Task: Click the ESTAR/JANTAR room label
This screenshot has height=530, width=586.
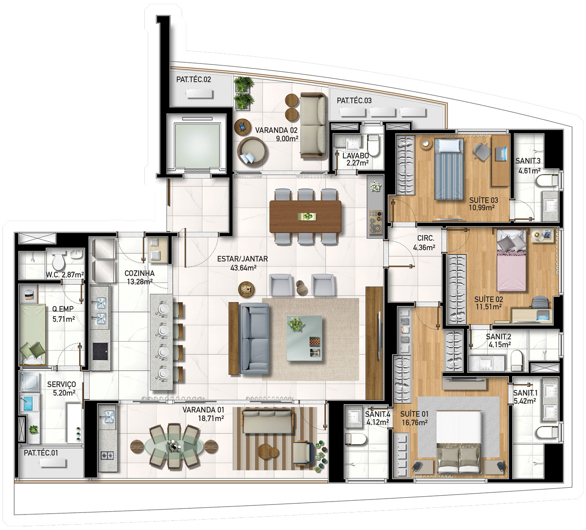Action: pyautogui.click(x=242, y=259)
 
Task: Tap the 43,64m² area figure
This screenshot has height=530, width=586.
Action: pyautogui.click(x=243, y=268)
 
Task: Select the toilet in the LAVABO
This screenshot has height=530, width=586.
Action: pyautogui.click(x=373, y=145)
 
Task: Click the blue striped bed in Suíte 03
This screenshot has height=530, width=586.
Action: pyautogui.click(x=449, y=169)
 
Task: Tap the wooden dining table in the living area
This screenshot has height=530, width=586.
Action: pyautogui.click(x=305, y=217)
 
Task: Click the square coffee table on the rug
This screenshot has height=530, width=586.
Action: pyautogui.click(x=304, y=338)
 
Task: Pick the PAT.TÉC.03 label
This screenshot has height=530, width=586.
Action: pyautogui.click(x=354, y=101)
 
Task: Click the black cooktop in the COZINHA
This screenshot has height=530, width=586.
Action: pyautogui.click(x=100, y=352)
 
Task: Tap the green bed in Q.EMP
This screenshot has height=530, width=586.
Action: pyautogui.click(x=32, y=334)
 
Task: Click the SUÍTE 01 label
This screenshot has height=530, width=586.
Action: pyautogui.click(x=414, y=414)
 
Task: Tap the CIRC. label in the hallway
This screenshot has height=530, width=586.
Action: pyautogui.click(x=426, y=238)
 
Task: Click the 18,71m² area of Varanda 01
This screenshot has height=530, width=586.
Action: pyautogui.click(x=211, y=418)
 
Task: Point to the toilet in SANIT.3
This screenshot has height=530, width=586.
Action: pyautogui.click(x=548, y=181)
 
